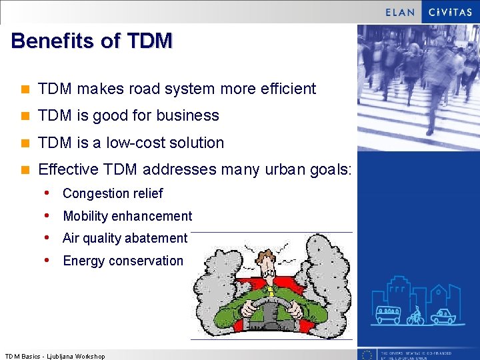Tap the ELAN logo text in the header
[x=399, y=12]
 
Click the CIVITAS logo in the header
[x=451, y=12]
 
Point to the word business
[x=188, y=115]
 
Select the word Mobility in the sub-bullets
[x=85, y=216]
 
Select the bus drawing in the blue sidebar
[x=388, y=314]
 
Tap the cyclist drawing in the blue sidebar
[x=416, y=315]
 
